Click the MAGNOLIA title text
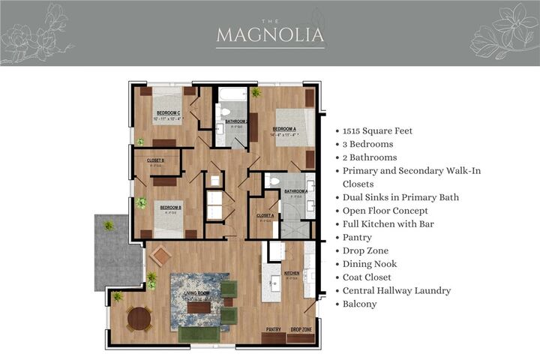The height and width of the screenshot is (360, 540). coord(270,34)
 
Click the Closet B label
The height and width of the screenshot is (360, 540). coord(156,160)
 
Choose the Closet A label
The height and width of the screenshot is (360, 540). coord(265,216)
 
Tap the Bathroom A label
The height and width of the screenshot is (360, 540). coord(296,191)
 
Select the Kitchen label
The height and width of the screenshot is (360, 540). coord(292,274)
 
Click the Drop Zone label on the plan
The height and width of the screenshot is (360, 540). coord(301,329)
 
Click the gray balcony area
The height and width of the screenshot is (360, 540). coord(118,252)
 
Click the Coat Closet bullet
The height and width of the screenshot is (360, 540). coord(372,277)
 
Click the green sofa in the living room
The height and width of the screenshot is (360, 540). coord(199,334)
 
